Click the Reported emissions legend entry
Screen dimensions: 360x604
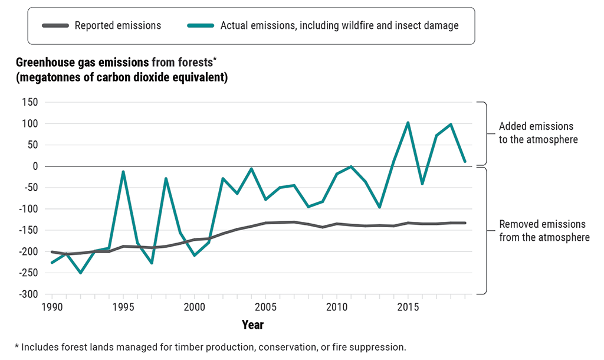click(x=117, y=25)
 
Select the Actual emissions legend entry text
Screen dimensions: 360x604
click(x=339, y=25)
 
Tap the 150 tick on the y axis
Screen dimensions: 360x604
click(x=29, y=102)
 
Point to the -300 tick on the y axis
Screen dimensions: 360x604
click(x=28, y=294)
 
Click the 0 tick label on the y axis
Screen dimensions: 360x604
click(x=35, y=166)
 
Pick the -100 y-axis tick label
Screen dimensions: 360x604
click(x=28, y=209)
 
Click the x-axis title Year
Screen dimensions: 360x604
click(x=252, y=325)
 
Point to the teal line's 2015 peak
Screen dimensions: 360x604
click(x=408, y=123)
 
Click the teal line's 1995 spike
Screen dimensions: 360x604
click(x=123, y=172)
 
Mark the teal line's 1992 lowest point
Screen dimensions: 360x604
click(x=80, y=273)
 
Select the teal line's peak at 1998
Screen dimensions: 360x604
click(x=166, y=178)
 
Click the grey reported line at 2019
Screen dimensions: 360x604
click(x=465, y=223)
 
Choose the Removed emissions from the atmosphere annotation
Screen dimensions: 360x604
click(x=542, y=231)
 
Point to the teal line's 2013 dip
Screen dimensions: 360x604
click(x=379, y=207)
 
